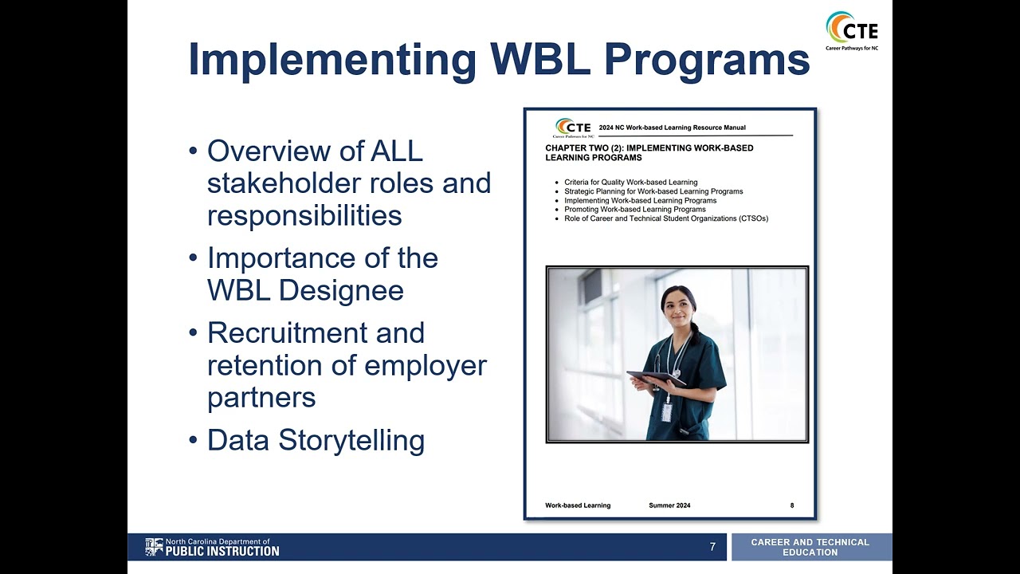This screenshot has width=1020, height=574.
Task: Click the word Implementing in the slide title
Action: (331, 60)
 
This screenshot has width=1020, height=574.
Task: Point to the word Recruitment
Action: (316, 332)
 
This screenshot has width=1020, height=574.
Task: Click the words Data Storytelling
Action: (316, 440)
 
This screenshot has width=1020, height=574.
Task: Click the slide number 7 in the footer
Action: (712, 547)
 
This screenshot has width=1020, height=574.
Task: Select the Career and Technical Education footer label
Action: (810, 547)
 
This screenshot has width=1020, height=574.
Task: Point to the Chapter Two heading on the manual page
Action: (649, 152)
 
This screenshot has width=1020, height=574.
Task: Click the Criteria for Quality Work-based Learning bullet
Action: (630, 183)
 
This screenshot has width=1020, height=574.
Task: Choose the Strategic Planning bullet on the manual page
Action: (653, 191)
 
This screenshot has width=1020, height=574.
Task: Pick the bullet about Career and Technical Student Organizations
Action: (666, 218)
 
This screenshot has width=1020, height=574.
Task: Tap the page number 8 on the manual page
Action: (791, 505)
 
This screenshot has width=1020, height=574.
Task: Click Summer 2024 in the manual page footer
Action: (669, 505)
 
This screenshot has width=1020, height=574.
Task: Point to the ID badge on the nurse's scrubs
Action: (666, 411)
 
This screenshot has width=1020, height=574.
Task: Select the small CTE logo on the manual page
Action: (573, 128)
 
